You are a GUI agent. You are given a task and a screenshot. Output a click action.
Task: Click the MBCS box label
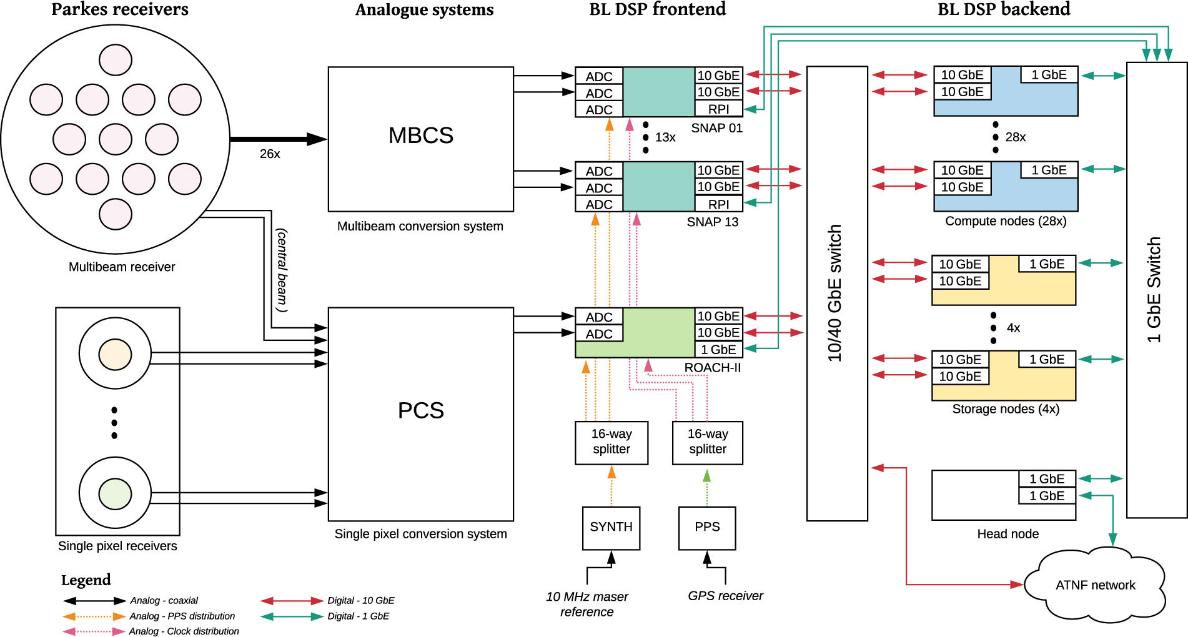coord(420,136)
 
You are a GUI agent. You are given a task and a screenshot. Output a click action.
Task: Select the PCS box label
coord(420,410)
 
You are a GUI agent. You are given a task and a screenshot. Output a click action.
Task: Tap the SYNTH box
coord(611,527)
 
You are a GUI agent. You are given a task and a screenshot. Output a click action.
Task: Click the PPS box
coord(707,527)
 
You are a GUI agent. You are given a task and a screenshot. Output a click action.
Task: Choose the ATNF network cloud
coord(1095,585)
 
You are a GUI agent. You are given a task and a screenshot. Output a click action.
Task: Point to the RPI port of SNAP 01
coord(718,109)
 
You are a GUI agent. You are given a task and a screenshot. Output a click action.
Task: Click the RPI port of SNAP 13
coord(718,204)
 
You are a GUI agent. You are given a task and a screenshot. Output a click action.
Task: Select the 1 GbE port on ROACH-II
coord(718,350)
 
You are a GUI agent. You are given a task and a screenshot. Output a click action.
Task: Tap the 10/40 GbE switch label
coord(835,294)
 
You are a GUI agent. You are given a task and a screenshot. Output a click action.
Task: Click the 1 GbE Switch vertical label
coord(1154,290)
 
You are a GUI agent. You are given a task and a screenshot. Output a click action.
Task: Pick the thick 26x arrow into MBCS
coord(278,139)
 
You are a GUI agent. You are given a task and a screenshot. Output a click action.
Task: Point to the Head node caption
coord(1007,534)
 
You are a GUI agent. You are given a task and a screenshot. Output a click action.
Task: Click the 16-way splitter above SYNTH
coord(611,442)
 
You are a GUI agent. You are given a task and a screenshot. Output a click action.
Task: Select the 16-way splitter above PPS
coord(708,442)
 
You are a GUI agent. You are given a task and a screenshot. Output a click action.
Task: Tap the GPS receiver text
coord(725,596)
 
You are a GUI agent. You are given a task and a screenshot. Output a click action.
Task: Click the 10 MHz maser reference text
coord(587,604)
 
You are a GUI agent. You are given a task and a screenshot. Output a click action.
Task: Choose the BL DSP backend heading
coord(1004,9)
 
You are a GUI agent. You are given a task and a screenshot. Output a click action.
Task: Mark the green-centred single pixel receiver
coord(115,494)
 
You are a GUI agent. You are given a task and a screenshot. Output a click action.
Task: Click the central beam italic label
coord(282,270)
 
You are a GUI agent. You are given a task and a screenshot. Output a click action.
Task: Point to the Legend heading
coord(86,580)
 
